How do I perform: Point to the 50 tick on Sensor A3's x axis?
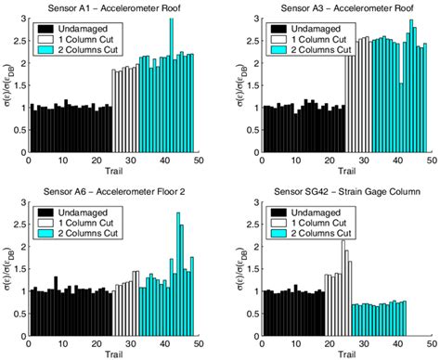427,160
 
